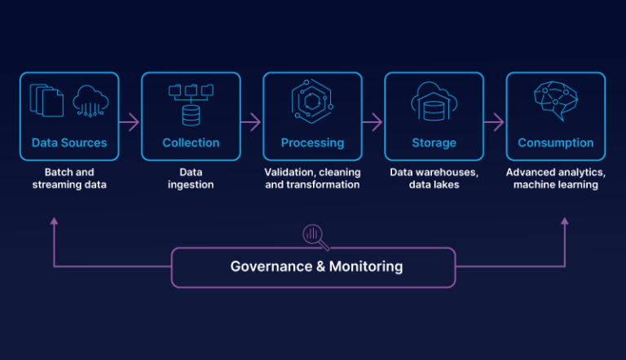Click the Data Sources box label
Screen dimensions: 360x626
coord(69,143)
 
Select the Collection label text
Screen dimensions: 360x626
coord(191,143)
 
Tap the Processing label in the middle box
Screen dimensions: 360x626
coord(312,143)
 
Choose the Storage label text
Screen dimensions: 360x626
coord(434,143)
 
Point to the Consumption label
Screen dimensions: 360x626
coord(555,143)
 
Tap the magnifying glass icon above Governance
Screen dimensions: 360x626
coord(314,236)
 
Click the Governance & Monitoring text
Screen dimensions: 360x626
coord(316,266)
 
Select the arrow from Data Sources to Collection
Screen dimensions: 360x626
coord(130,122)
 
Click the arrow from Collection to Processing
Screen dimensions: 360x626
coord(251,122)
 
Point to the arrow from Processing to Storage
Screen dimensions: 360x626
coord(373,122)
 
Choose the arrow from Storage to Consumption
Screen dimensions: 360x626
coord(494,122)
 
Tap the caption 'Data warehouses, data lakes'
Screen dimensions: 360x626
coord(434,178)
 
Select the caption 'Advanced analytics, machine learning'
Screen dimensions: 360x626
coord(555,178)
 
